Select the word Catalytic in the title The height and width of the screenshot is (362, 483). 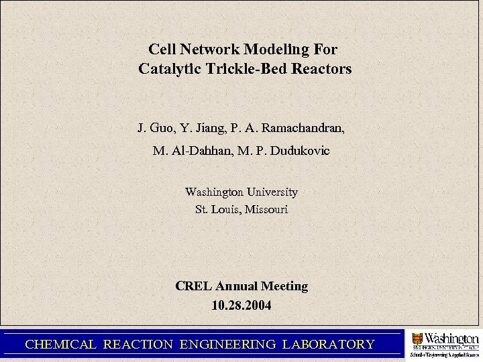point(168,69)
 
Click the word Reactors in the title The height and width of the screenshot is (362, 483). point(320,69)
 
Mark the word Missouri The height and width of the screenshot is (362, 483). point(265,210)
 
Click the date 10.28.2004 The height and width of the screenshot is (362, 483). point(241,306)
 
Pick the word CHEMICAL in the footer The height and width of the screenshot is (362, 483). point(60,345)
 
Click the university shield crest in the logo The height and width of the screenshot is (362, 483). point(418,340)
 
